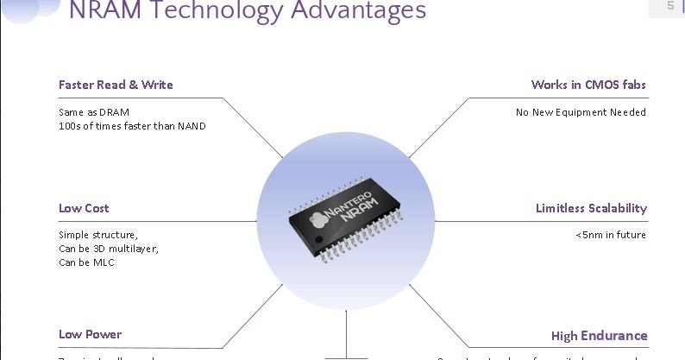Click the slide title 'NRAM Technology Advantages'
pyautogui.click(x=247, y=12)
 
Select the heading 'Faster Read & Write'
pyautogui.click(x=116, y=85)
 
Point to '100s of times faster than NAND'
pyautogui.click(x=132, y=126)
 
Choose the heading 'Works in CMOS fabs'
pyautogui.click(x=588, y=85)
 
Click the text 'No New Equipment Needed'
pyautogui.click(x=581, y=112)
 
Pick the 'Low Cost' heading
pyautogui.click(x=84, y=208)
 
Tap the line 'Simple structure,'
pyautogui.click(x=98, y=235)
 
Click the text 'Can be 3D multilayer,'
pyautogui.click(x=109, y=249)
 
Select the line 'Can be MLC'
pyautogui.click(x=86, y=262)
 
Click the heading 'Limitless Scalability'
pyautogui.click(x=591, y=208)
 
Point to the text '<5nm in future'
pyautogui.click(x=611, y=235)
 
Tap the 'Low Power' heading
pyautogui.click(x=90, y=334)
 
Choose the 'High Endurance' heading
pyautogui.click(x=599, y=335)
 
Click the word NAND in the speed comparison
pyautogui.click(x=192, y=126)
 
